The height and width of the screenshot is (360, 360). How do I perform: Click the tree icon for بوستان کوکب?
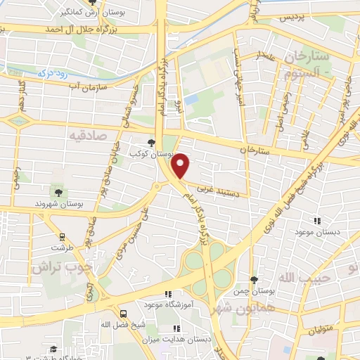coord(151,143)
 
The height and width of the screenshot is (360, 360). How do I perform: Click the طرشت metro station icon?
coord(63,237)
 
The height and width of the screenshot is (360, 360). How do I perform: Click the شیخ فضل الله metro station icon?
coord(124,314)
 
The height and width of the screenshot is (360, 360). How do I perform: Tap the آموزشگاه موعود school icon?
coord(167,295)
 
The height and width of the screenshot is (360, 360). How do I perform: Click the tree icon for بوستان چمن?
coord(254,280)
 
